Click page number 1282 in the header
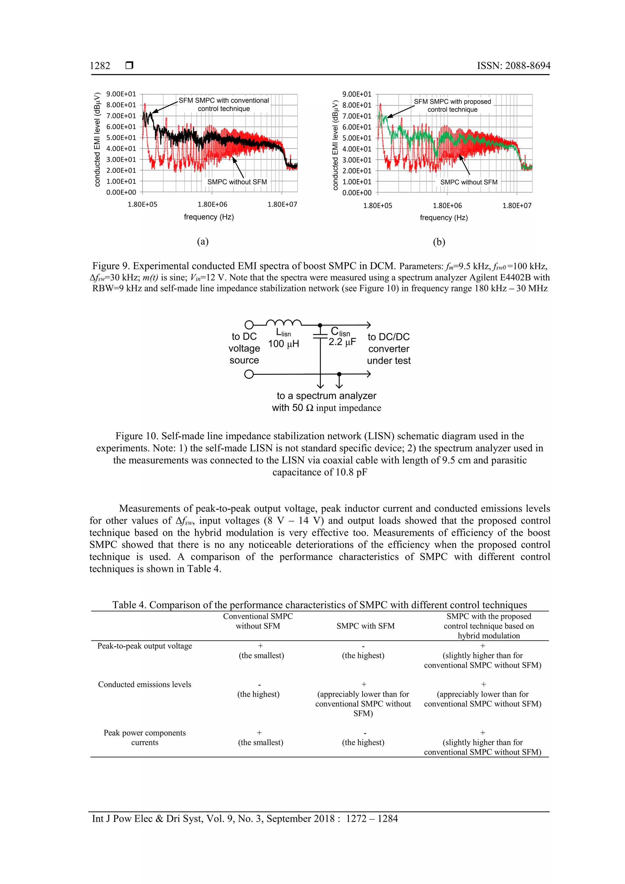(100, 66)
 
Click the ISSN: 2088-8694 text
(513, 66)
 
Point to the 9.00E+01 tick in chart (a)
(121, 94)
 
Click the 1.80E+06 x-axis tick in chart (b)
(447, 206)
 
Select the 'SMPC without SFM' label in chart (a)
(237, 182)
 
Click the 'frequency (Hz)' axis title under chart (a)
(209, 217)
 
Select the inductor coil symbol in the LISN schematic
(284, 323)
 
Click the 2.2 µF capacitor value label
(342, 342)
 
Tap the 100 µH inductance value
(284, 344)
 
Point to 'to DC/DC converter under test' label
(388, 348)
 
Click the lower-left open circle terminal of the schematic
(249, 374)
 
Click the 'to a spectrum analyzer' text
(326, 396)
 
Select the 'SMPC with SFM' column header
(365, 626)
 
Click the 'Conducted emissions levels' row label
(144, 684)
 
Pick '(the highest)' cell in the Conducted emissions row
(258, 694)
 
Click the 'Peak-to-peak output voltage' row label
(144, 646)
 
